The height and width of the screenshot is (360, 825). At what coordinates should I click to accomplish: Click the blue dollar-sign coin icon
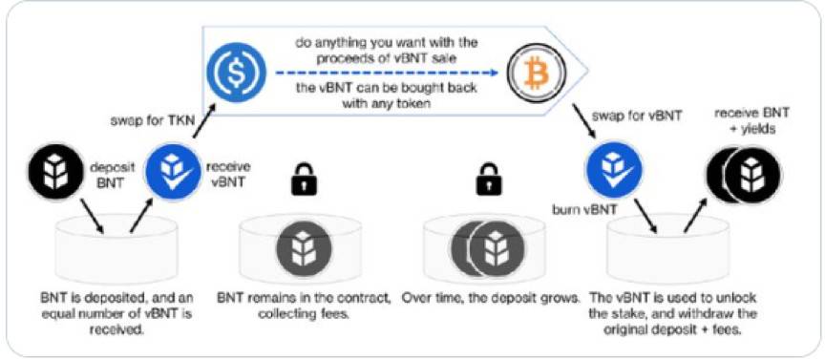[x=230, y=70]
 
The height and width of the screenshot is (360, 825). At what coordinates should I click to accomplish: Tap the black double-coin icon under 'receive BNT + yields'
[x=742, y=174]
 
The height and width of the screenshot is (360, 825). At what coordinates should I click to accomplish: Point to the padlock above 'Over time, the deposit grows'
[x=490, y=179]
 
